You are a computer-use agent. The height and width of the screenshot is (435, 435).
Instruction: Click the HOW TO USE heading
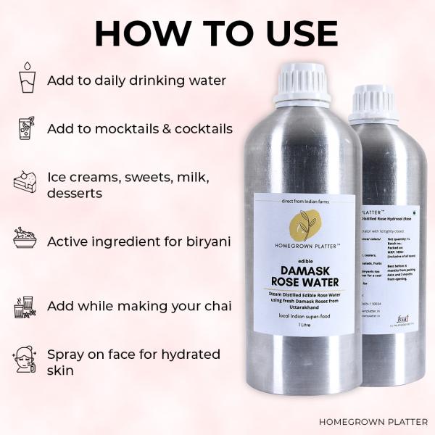216,33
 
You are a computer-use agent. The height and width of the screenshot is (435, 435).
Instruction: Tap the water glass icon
26,78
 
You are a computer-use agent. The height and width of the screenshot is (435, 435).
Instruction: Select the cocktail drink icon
26,128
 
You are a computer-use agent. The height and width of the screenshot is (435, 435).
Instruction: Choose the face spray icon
26,360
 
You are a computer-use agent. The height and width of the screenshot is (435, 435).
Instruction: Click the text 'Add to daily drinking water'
137,80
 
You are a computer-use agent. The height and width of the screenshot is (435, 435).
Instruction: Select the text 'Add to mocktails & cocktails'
140,129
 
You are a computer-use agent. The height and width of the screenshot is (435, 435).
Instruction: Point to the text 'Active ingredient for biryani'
139,241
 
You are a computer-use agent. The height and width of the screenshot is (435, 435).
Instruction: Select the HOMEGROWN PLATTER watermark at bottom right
373,421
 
